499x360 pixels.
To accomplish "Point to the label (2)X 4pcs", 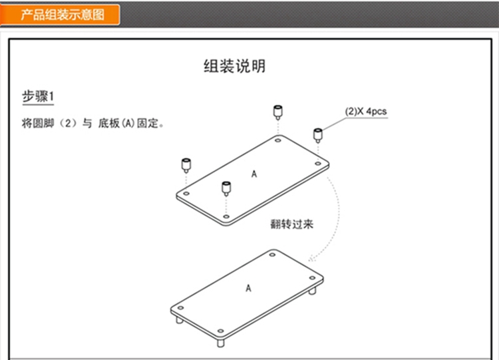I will point(365,112).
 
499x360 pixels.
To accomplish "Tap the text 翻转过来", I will point(291,224).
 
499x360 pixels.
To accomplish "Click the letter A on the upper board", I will point(254,174).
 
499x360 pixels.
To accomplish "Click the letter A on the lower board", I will point(249,288).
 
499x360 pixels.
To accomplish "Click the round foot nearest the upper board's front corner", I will point(226,187).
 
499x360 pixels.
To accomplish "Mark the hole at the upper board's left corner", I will point(187,193).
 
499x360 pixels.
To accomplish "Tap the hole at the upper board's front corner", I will point(226,216).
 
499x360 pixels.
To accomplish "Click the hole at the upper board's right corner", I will point(318,164).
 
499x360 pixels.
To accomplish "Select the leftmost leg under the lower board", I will point(179,321).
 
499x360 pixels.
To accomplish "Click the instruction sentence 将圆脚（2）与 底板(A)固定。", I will point(92,124).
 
